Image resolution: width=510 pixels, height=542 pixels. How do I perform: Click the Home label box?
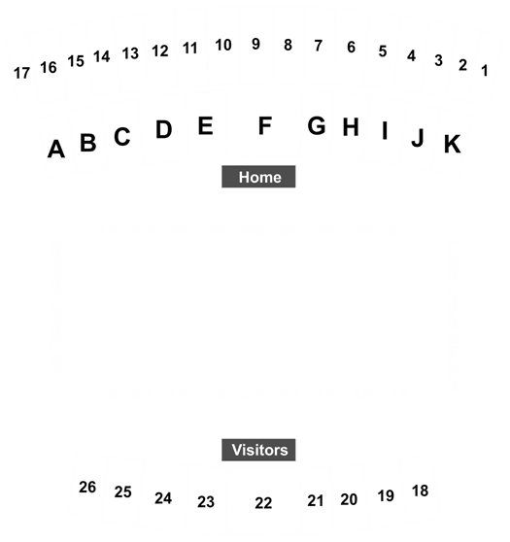pos(258,177)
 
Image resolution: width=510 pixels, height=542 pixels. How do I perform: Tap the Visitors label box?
pos(258,450)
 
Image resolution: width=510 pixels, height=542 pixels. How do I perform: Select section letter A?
pos(56,149)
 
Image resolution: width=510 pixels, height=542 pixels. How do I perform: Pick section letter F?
pos(265,126)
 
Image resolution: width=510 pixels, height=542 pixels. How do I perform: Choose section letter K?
pos(453,144)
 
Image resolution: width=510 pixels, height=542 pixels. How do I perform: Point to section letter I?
pos(385,130)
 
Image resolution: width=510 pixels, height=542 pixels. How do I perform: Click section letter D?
pos(164,129)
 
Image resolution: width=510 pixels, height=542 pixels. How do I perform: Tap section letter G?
pos(317,125)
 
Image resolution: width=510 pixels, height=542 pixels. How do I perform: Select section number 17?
pos(21,73)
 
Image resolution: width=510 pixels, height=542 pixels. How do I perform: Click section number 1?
pos(485,71)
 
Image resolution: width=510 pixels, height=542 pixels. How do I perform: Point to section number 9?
pos(255,44)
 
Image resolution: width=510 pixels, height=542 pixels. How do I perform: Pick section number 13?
pos(130,53)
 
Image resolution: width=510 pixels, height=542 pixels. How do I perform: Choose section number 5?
pos(383,51)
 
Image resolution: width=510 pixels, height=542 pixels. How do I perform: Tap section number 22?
pos(263,503)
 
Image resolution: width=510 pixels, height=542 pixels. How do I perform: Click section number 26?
pos(87,488)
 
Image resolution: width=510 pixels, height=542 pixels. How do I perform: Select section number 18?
pos(420,491)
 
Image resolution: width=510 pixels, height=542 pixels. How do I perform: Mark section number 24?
pos(163,498)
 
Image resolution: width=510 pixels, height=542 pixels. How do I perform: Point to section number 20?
pos(349,499)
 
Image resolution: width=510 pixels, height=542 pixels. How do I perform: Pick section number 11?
pos(190,49)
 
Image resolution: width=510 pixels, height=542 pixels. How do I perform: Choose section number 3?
pos(438,60)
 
